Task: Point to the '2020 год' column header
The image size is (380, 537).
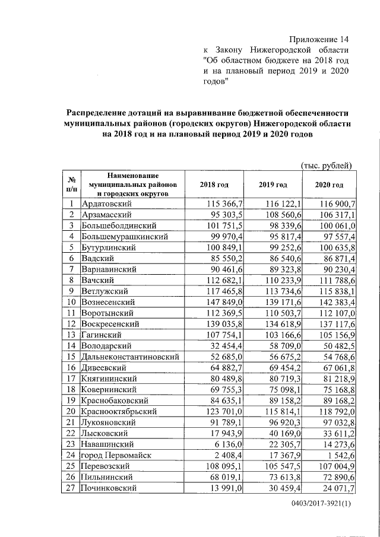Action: tap(329, 185)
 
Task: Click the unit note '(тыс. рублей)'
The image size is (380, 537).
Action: tap(327, 165)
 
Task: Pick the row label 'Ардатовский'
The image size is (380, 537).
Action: tap(106, 204)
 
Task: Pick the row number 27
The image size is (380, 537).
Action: tap(71, 488)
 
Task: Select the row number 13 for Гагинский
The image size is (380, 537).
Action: tap(71, 335)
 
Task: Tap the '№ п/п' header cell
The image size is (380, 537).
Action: tap(71, 185)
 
